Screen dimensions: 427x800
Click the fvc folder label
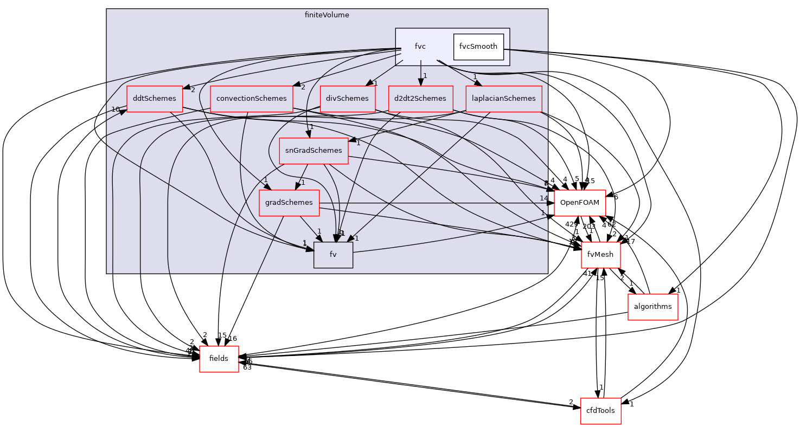point(420,47)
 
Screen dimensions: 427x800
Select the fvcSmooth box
point(478,47)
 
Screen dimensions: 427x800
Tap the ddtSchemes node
point(155,99)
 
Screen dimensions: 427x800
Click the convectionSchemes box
point(251,99)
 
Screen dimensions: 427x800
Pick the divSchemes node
point(347,99)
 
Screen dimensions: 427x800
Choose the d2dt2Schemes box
point(420,99)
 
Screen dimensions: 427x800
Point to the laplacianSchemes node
point(503,99)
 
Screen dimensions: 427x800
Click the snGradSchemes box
point(313,151)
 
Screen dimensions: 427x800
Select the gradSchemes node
point(289,203)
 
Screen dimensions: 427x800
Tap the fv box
point(333,255)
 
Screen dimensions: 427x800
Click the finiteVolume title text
point(327,15)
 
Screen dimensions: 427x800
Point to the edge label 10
point(115,109)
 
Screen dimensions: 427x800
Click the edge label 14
point(543,198)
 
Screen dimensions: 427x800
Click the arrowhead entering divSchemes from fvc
point(369,83)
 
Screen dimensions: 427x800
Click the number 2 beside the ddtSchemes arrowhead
point(193,90)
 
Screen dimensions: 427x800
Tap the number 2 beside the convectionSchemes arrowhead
point(303,87)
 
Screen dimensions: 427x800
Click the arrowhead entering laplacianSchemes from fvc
point(477,82)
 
